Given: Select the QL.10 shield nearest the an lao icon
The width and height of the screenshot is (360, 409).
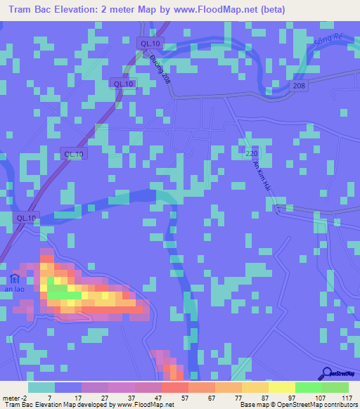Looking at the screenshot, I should [26, 218].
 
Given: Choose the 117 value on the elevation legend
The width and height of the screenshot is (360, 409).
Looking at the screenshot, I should [346, 397].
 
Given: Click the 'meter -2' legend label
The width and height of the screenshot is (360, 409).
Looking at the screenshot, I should [14, 397].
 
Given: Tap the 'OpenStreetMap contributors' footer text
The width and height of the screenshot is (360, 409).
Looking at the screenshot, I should [323, 405].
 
